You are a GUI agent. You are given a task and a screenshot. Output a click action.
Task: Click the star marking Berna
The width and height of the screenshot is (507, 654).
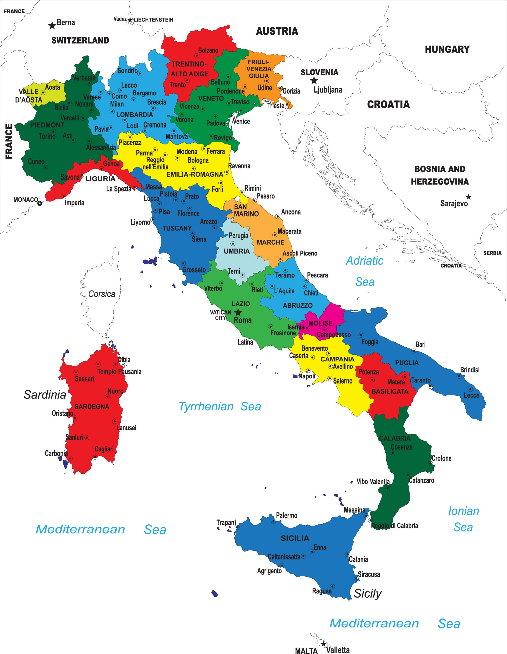click(52, 25)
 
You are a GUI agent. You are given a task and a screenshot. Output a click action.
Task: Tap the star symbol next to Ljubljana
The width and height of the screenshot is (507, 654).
click(314, 80)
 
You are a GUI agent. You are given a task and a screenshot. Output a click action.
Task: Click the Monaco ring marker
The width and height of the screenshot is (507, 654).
click(39, 203)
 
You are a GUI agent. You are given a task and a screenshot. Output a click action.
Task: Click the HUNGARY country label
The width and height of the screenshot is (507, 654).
click(447, 49)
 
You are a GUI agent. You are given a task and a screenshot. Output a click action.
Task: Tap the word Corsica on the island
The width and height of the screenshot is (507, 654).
click(102, 294)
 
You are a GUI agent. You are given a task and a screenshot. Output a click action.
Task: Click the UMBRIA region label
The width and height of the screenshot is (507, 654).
click(237, 251)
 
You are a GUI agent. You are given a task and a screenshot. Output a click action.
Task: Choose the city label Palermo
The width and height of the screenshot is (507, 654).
click(287, 515)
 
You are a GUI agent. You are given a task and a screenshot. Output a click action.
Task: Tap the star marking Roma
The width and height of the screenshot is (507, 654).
click(238, 313)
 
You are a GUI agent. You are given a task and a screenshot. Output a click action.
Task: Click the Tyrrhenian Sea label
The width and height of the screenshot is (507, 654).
click(220, 406)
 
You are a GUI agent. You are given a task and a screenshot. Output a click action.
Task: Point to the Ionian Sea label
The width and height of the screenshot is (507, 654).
click(463, 519)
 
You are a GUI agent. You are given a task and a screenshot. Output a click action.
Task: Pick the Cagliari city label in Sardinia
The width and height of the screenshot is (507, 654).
click(104, 449)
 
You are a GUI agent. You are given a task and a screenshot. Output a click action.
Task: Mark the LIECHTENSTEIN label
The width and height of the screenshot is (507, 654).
click(153, 20)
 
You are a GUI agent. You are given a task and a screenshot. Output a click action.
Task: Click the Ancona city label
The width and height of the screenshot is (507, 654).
click(291, 212)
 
